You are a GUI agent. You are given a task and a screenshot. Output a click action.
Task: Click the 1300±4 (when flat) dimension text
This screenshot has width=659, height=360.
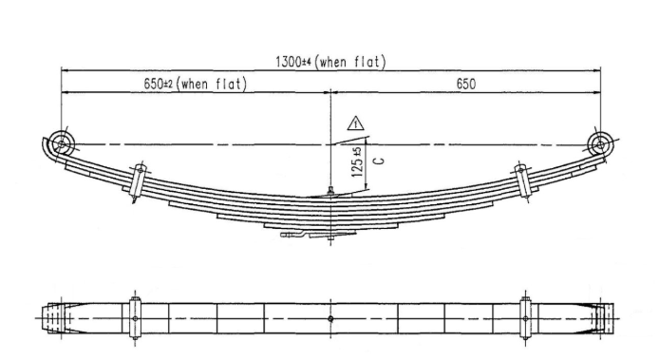(x=330, y=62)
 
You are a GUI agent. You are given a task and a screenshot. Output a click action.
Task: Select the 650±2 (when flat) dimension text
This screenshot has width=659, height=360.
(x=195, y=84)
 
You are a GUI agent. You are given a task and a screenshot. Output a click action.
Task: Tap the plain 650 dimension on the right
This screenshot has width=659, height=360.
(x=466, y=84)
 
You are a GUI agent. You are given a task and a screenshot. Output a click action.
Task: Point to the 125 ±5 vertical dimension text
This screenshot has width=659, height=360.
(x=357, y=161)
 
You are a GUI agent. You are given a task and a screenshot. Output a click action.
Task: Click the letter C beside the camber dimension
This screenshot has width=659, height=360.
(x=379, y=161)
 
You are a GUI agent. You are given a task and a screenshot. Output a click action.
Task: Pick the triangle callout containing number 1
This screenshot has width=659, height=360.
(x=356, y=123)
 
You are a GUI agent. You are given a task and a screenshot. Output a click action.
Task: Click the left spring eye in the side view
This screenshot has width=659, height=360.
(x=62, y=143)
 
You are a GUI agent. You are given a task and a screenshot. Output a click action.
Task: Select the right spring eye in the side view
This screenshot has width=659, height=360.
(x=600, y=144)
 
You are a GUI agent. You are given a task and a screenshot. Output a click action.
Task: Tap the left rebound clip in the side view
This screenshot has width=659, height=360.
(x=139, y=181)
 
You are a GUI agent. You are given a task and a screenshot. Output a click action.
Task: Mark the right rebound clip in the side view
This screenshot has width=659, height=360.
(x=523, y=180)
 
